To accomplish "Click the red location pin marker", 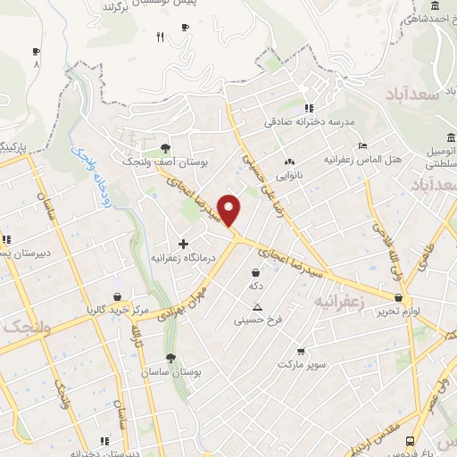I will tap(230, 210).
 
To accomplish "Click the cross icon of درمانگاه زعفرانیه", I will tap(184, 243).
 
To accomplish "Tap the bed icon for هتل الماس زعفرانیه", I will tap(361, 145).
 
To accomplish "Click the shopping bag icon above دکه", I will tap(256, 272).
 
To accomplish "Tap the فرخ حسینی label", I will tap(258, 319).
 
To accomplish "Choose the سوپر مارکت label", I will tap(303, 364).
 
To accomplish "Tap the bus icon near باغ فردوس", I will tap(410, 441).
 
